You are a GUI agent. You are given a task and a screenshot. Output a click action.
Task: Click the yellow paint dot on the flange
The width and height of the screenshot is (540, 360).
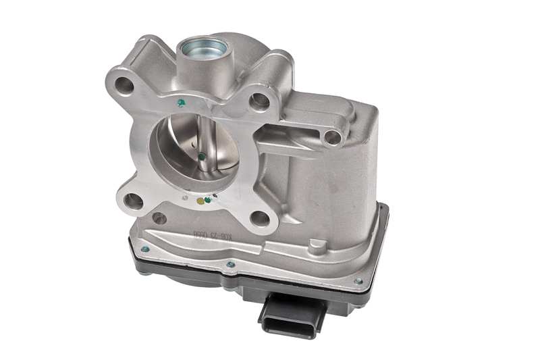(x=199, y=201)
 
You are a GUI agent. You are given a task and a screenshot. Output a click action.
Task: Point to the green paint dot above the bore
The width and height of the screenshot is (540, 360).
(x=180, y=103)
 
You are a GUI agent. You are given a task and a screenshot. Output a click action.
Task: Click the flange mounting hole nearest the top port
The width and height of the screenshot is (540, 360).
(x=259, y=102)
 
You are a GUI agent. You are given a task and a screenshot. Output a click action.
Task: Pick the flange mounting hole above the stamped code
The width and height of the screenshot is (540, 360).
(x=259, y=217)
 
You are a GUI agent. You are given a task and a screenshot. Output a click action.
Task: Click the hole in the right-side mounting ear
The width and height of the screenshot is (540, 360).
(x=332, y=137)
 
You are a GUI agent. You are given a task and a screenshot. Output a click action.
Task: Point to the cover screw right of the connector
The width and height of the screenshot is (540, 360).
(x=358, y=281)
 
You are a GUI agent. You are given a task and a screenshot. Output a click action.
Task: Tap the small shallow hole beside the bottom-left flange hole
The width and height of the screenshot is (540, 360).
(x=159, y=218)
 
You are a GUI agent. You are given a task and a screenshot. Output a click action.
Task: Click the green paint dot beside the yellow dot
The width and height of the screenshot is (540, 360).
(x=207, y=199)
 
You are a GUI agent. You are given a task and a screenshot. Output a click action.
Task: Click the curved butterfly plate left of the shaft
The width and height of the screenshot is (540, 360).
(x=179, y=145)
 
